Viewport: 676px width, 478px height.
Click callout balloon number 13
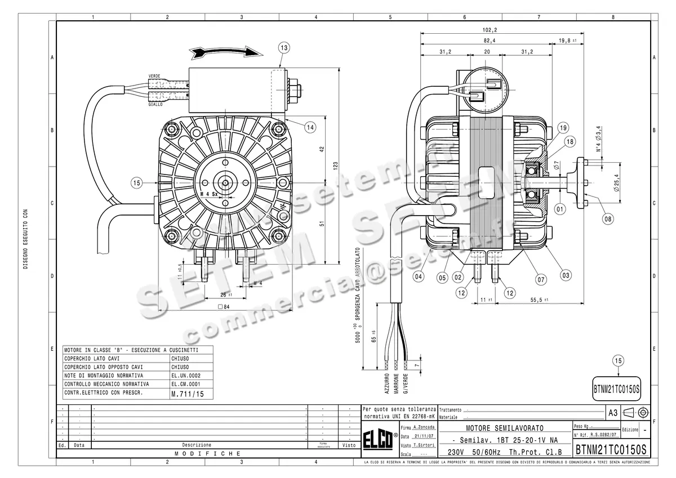point(283,48)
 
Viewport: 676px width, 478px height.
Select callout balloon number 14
point(310,127)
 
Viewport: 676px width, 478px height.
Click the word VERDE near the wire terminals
point(155,75)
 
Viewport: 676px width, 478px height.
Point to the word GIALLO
point(155,104)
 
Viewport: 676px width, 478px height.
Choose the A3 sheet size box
point(613,413)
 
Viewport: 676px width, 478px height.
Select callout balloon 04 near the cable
point(417,276)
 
